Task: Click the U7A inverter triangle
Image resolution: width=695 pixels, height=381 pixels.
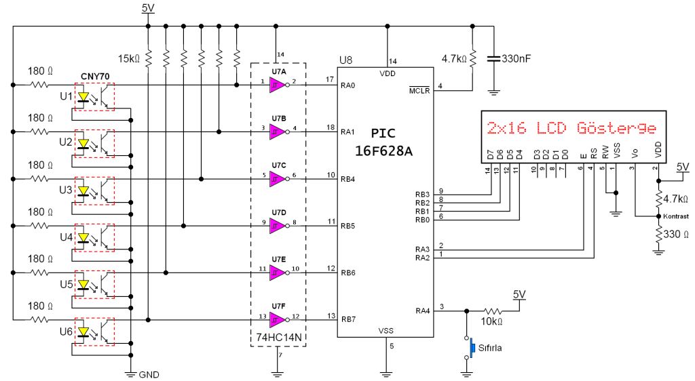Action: click(x=278, y=85)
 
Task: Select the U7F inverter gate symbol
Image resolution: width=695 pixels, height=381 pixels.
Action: click(x=278, y=319)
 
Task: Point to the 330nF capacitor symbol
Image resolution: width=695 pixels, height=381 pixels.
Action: click(x=493, y=58)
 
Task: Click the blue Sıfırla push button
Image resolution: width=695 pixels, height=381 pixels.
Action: click(x=472, y=347)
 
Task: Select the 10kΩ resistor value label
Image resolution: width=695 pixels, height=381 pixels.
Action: click(x=491, y=322)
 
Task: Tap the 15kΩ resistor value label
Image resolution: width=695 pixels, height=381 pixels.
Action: click(x=129, y=58)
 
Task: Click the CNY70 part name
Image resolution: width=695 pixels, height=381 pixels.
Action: click(x=95, y=77)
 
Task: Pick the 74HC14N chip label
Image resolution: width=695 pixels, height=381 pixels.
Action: click(x=279, y=337)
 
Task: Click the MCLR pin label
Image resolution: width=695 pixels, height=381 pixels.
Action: click(x=419, y=91)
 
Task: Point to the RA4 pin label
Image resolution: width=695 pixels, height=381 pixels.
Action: click(x=422, y=310)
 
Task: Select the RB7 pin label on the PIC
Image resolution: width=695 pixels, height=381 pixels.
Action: click(x=348, y=319)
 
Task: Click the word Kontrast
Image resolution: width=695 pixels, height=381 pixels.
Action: click(x=676, y=216)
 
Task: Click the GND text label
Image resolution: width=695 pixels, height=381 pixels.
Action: click(x=149, y=375)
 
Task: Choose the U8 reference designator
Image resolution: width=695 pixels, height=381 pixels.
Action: click(x=345, y=60)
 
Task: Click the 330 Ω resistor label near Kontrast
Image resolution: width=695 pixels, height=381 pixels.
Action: click(x=676, y=234)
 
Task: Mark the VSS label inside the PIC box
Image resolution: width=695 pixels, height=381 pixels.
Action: click(x=386, y=331)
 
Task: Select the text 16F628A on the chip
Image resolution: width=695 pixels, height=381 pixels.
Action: click(x=384, y=151)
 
